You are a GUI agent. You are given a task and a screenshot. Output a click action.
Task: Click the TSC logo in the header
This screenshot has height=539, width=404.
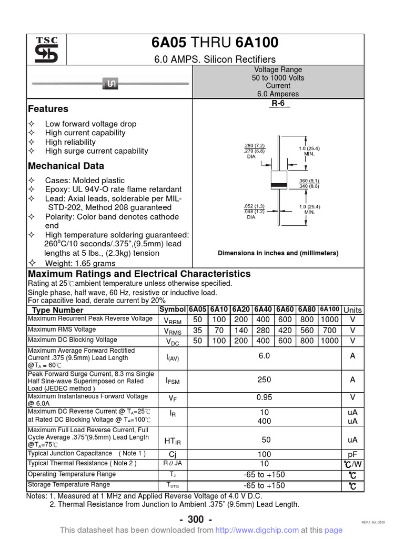coord(46,51)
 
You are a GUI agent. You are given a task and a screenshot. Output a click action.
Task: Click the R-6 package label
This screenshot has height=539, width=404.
coord(278,104)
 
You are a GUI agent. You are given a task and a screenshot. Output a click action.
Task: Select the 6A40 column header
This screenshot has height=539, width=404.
coord(262,310)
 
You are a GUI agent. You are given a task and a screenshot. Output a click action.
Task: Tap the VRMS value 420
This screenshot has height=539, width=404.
coord(285,330)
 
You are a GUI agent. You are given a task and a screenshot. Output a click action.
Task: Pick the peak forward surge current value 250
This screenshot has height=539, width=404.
coord(264,380)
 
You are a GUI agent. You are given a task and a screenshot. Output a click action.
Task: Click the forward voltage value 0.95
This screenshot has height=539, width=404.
coord(264,398)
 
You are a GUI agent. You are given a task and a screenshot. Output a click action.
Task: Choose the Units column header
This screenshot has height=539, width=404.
coord(352,310)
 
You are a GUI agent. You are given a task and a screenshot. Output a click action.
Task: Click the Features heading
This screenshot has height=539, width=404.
coord(48,109)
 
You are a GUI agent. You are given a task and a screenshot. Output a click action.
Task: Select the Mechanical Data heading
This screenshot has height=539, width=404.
coord(66,166)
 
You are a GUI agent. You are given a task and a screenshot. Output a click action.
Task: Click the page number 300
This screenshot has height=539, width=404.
coord(196,520)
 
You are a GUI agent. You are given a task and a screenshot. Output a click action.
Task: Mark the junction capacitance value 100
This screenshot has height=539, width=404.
coord(264,454)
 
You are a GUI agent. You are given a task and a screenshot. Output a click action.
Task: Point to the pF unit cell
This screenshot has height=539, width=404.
coord(352,454)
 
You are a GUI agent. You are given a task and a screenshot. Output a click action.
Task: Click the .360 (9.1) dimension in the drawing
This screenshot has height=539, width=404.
coord(309,181)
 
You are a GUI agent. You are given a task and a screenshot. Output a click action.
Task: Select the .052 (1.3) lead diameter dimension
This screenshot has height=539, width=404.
coord(255,206)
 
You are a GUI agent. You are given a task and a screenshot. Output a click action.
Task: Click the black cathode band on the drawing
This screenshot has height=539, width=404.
coord(278,184)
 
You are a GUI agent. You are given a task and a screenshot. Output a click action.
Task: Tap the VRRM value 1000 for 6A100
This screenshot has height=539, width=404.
coord(330,320)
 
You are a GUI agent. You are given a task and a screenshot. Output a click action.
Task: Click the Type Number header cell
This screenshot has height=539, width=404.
coord(58,310)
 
